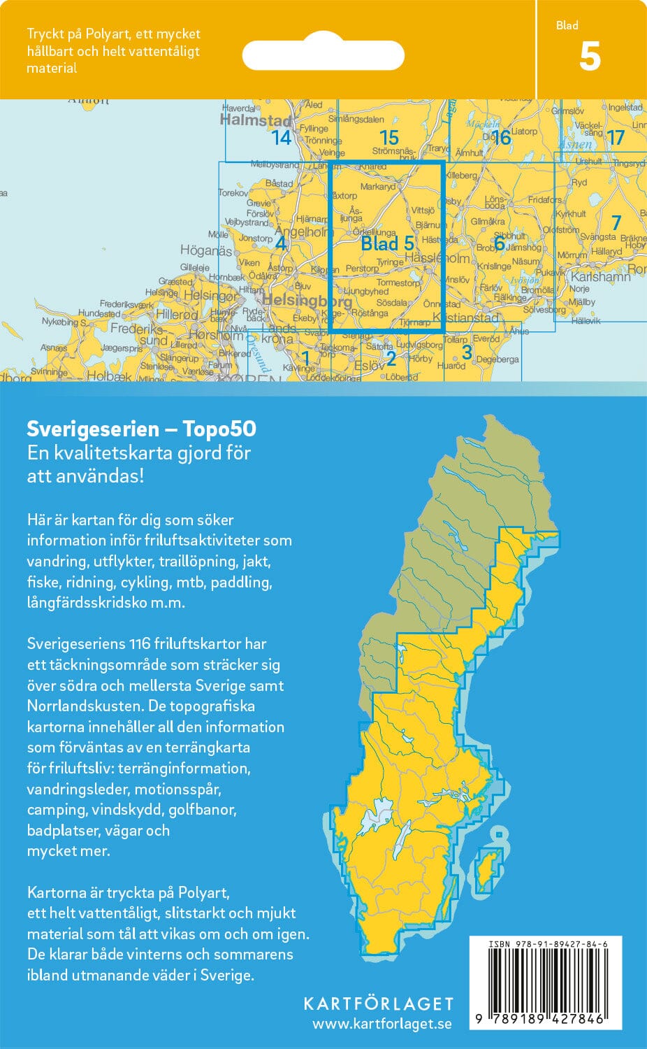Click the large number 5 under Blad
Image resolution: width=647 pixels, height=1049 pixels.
pos(590,57)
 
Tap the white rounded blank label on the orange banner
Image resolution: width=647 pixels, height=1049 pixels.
pos(323,55)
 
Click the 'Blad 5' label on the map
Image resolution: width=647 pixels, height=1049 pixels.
pos(387,243)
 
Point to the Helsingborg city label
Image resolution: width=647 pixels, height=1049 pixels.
pos(307,301)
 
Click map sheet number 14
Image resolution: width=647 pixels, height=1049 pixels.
pos(282,138)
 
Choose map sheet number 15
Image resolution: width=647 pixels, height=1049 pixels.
pos(388,138)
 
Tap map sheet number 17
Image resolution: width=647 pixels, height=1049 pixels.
pos(615,138)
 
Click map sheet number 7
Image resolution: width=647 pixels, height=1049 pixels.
pos(616,223)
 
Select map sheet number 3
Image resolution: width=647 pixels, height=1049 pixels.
pos(467,352)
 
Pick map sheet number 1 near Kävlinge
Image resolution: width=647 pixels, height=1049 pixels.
pos(305,359)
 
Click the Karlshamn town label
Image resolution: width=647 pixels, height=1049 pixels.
pos(600,276)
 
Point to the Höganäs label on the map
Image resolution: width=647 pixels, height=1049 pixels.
pos(205,250)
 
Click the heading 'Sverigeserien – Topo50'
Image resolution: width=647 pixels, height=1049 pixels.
pos(141,429)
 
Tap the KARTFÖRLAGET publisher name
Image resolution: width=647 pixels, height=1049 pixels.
pos(378,1004)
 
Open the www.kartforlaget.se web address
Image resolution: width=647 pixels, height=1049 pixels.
pos(381,1025)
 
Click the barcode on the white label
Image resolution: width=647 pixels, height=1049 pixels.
pos(546,980)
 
